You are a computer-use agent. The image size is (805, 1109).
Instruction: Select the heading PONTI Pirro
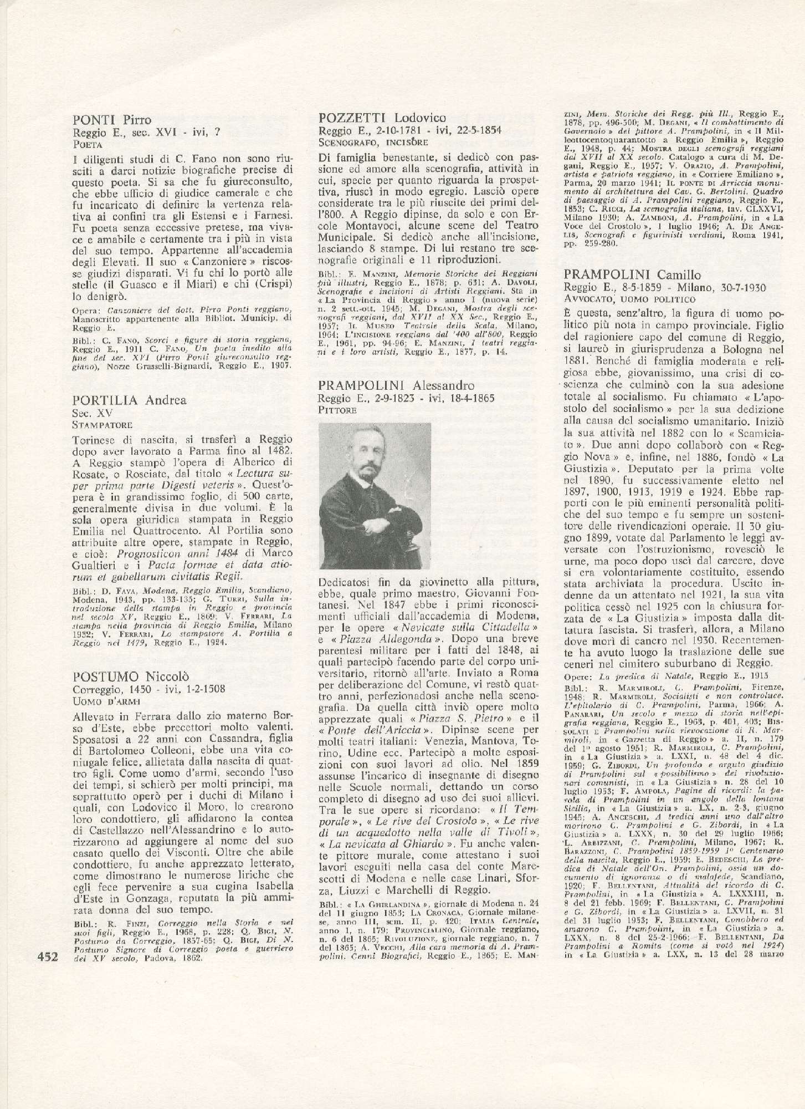point(112,120)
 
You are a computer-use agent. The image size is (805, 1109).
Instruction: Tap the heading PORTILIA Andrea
point(130,400)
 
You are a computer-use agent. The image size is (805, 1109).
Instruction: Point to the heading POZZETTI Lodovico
point(383,118)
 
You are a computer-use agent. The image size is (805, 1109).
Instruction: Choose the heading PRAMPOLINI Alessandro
point(397,385)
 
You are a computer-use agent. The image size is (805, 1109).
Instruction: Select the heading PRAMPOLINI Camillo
point(633,275)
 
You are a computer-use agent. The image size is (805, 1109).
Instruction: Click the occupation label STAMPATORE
point(102,425)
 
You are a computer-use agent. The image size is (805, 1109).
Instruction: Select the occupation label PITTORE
point(337,410)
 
